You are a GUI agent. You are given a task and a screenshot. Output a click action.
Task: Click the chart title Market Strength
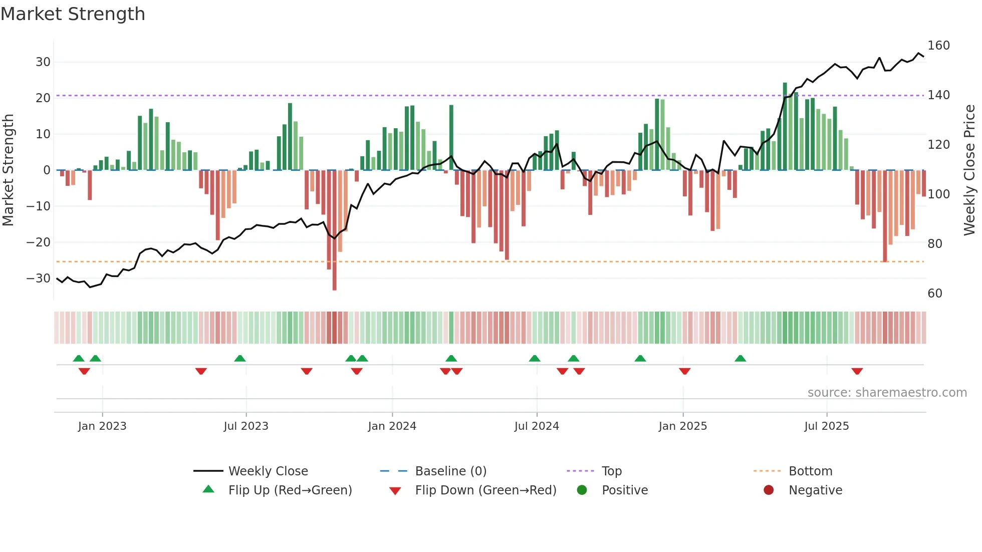[73, 14]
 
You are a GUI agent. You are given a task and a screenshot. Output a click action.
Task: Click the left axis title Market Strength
[8, 170]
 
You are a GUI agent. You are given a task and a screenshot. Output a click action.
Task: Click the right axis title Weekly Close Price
[969, 170]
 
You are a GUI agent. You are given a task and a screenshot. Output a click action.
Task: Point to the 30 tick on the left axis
[43, 62]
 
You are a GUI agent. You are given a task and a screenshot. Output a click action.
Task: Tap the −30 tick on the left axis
[39, 279]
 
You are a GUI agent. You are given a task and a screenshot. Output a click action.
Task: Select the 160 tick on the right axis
[938, 46]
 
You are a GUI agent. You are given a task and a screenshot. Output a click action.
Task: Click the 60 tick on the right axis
[935, 294]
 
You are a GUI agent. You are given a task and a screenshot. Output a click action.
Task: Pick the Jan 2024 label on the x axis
[392, 426]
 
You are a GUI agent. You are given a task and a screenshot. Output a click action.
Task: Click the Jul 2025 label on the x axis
[826, 426]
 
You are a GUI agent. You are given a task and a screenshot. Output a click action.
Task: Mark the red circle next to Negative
[769, 490]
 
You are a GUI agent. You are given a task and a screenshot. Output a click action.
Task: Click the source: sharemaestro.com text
[887, 393]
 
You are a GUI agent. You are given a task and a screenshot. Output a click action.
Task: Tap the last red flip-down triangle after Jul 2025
[857, 371]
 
